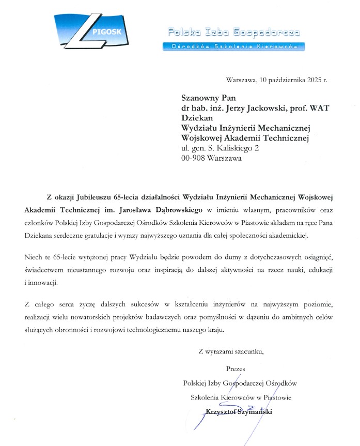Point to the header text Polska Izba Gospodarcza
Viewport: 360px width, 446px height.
coord(233,33)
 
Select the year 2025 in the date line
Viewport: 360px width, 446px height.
coord(311,80)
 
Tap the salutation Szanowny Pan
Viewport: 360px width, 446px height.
coord(205,98)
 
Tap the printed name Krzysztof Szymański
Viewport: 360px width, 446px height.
coord(238,412)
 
